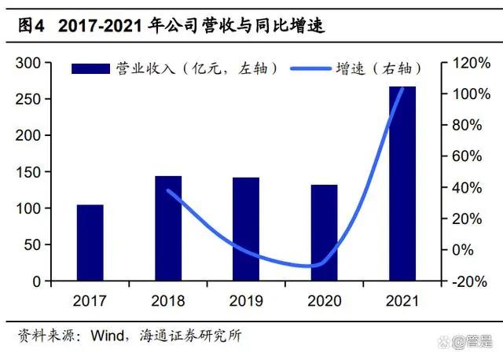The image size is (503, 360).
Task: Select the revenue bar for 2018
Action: pos(168,228)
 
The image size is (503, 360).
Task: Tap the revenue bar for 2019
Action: pos(246,229)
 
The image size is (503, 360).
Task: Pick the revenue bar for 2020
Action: pos(324,233)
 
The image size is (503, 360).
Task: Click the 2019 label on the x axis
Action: pos(246,299)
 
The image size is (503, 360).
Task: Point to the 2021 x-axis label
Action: pos(402,299)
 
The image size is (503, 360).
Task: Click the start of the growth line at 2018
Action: pos(168,190)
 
